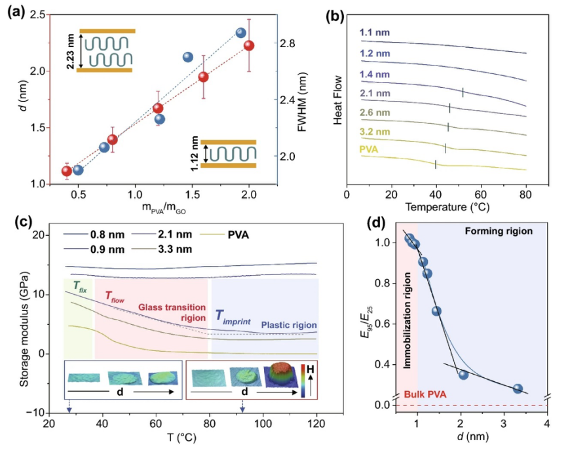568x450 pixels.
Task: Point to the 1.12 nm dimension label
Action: [x=195, y=153]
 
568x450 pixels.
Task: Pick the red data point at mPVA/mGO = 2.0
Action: [x=249, y=45]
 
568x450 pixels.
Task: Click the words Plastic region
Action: [x=288, y=326]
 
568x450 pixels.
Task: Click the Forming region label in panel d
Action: [x=499, y=231]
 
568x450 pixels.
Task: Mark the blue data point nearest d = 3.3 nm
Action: [x=518, y=388]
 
